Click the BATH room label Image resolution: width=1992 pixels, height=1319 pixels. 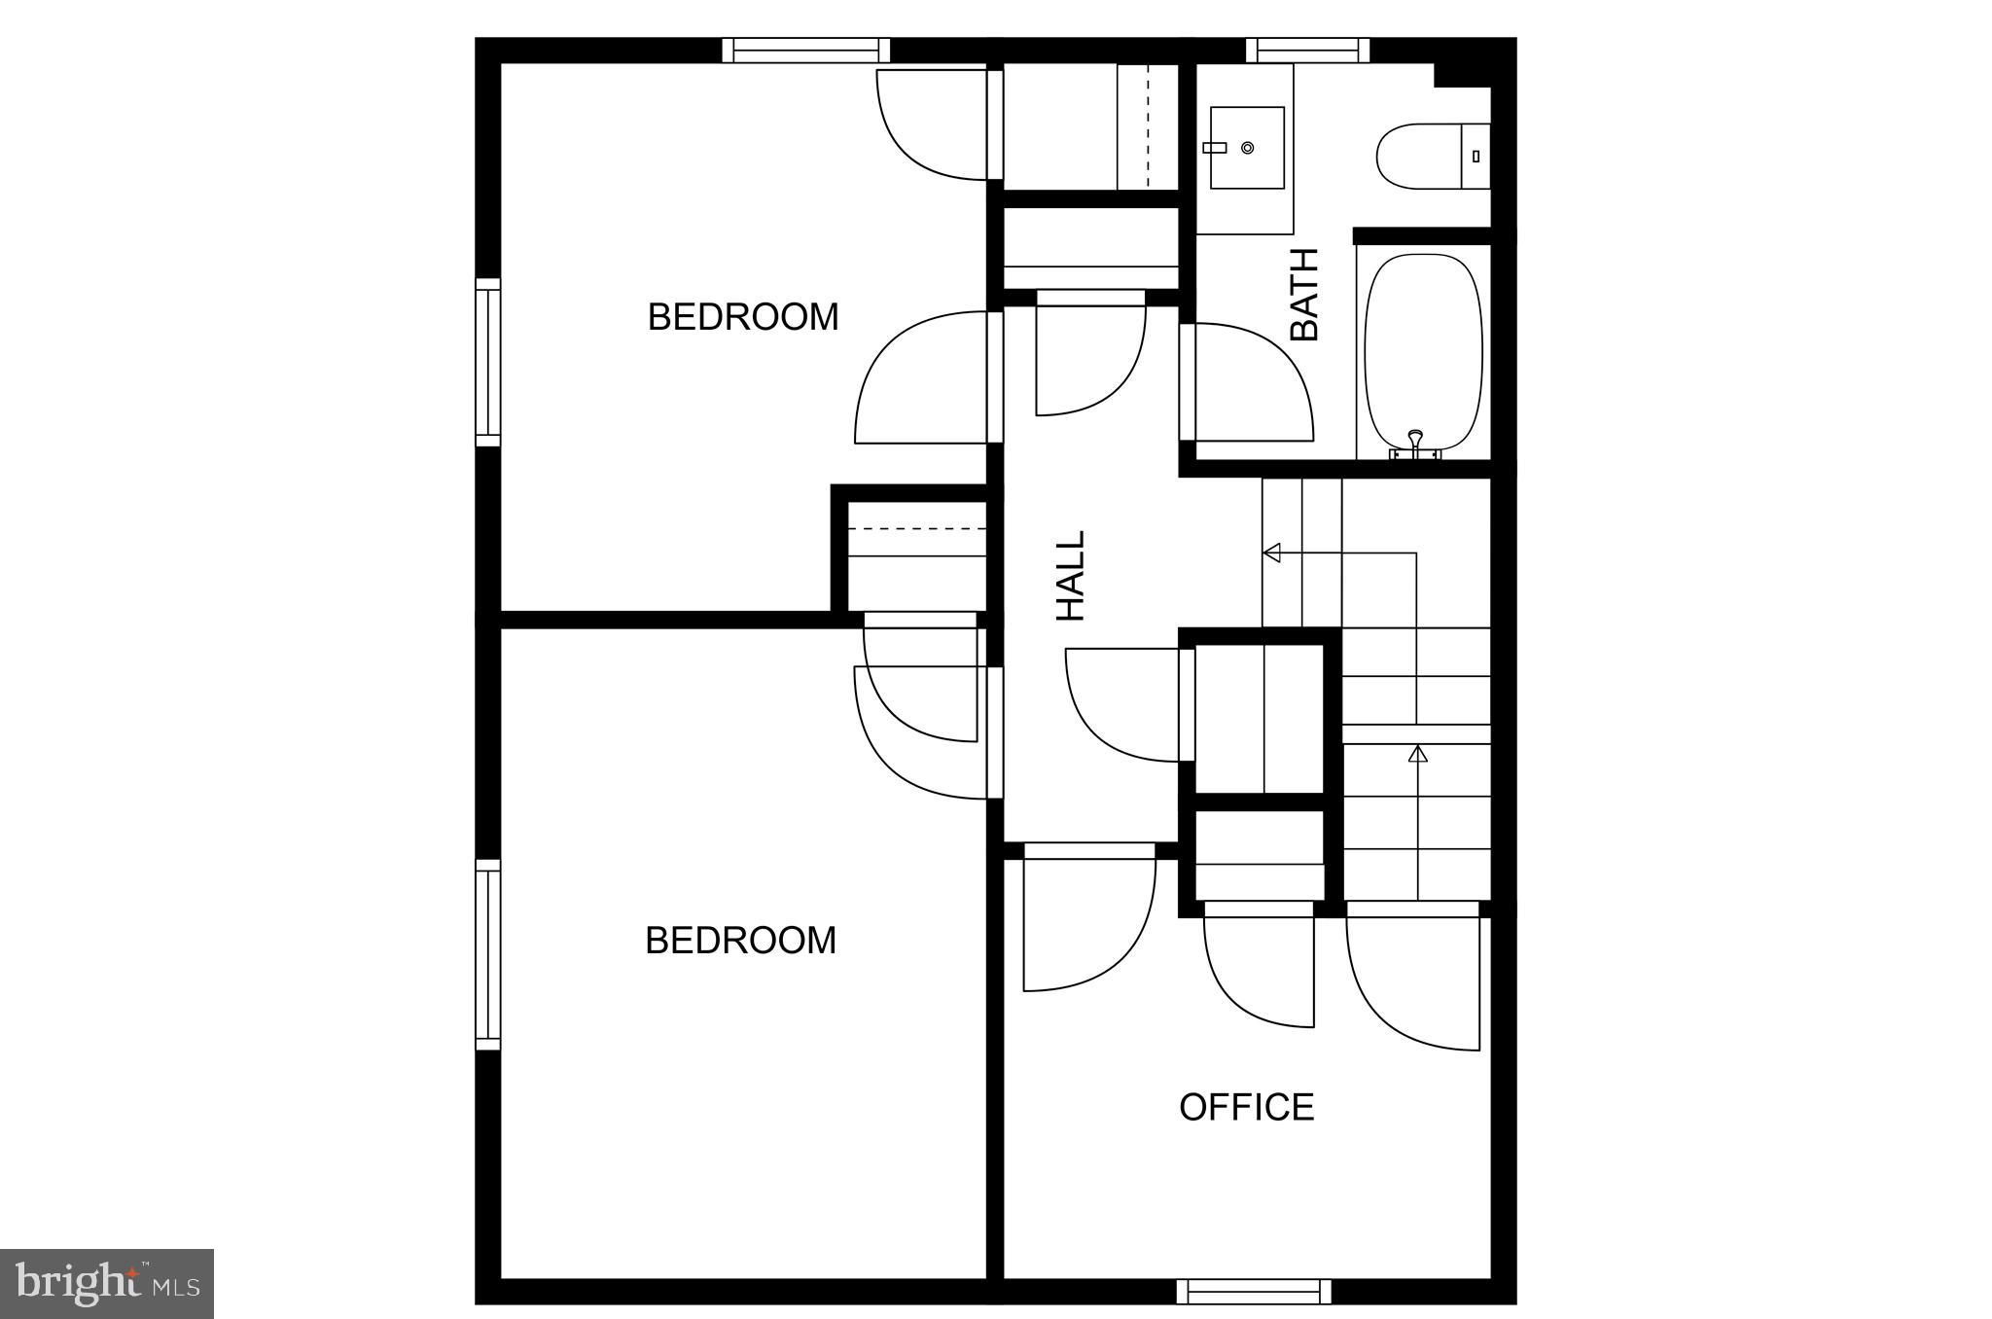click(1304, 294)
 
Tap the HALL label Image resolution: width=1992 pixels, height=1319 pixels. click(1071, 576)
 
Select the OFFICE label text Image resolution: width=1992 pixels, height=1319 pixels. click(1246, 1107)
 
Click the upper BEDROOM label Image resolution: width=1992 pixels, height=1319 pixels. click(743, 317)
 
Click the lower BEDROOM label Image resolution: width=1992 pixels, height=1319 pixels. click(741, 941)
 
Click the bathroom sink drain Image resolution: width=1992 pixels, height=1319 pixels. click(1247, 148)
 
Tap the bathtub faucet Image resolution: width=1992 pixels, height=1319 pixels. click(1416, 443)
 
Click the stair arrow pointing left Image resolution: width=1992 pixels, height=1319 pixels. click(1271, 553)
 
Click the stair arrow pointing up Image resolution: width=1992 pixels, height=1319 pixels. click(1418, 753)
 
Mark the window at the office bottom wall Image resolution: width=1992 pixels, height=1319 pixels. click(1253, 1292)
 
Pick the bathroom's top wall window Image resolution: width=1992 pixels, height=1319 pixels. click(1307, 50)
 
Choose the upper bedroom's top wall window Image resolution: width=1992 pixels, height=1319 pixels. click(806, 50)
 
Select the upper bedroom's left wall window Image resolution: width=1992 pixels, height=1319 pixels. click(487, 362)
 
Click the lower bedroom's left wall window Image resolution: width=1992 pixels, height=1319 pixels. click(487, 954)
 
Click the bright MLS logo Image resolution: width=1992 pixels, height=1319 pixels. click(107, 1284)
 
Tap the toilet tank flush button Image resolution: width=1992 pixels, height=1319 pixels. click(1476, 156)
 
